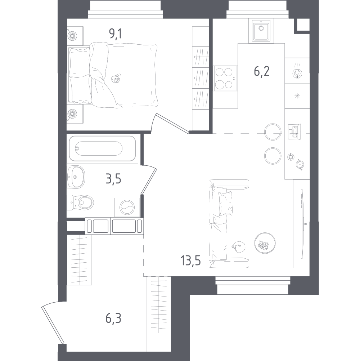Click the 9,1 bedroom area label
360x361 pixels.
[115, 35]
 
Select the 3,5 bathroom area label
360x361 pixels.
[113, 179]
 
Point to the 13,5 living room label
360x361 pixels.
[191, 260]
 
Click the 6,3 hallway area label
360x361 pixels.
[113, 318]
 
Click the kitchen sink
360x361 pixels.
[261, 31]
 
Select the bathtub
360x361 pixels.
[102, 148]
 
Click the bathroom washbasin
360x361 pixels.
[76, 177]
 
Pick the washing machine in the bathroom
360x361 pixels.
[127, 207]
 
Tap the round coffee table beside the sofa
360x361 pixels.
[265, 243]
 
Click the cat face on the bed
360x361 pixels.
[116, 79]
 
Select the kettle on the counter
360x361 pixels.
[300, 164]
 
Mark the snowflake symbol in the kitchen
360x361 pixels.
[297, 96]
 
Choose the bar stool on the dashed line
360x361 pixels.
[273, 132]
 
